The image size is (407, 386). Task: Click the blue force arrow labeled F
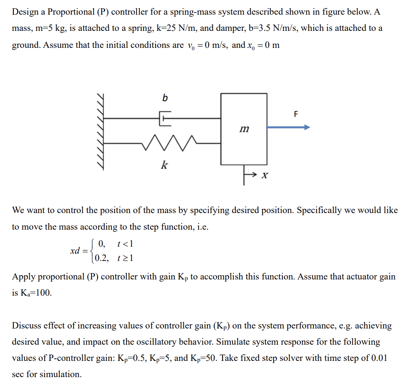[x=288, y=127]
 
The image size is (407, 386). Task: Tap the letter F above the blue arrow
[x=296, y=114]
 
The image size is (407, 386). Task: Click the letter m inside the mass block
[x=244, y=129]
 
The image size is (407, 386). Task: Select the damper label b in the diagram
[x=165, y=98]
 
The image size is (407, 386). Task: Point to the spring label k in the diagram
[x=164, y=166]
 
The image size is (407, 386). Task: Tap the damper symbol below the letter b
[x=165, y=119]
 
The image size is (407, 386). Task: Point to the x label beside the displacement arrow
[x=265, y=176]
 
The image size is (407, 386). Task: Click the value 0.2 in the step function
[x=102, y=258]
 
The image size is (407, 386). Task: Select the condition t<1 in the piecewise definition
[x=125, y=244]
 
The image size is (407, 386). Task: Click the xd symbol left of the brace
[x=75, y=251]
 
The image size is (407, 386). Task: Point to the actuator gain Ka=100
[x=32, y=293]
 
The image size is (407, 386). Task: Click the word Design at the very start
[x=25, y=12]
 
